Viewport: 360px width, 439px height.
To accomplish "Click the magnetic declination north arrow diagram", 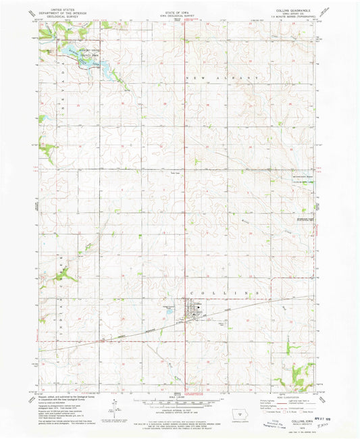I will point(118,405).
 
